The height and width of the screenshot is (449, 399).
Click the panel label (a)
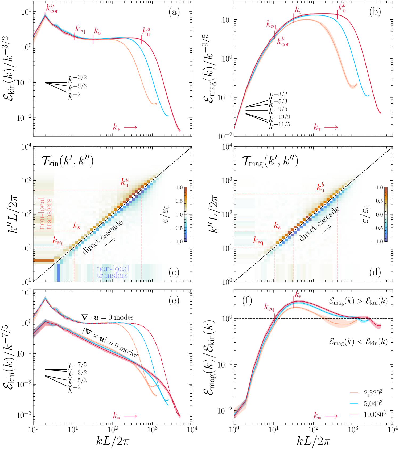tap(174, 12)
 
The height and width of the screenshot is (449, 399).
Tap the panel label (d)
tap(375, 272)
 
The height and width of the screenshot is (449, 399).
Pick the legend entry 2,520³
tap(373, 393)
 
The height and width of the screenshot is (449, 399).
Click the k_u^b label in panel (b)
tap(342, 8)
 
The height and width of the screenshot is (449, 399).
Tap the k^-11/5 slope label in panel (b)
tap(279, 125)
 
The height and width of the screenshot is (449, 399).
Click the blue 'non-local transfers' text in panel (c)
tap(113, 272)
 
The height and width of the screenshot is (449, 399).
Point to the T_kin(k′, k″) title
tap(67, 161)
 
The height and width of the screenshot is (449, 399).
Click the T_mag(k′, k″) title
tap(270, 161)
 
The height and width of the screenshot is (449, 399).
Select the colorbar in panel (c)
tap(186, 214)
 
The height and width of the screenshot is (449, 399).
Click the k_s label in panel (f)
tap(298, 295)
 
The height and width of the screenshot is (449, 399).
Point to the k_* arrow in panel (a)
tap(125, 127)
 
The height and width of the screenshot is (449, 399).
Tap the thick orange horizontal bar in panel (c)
tap(44, 260)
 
